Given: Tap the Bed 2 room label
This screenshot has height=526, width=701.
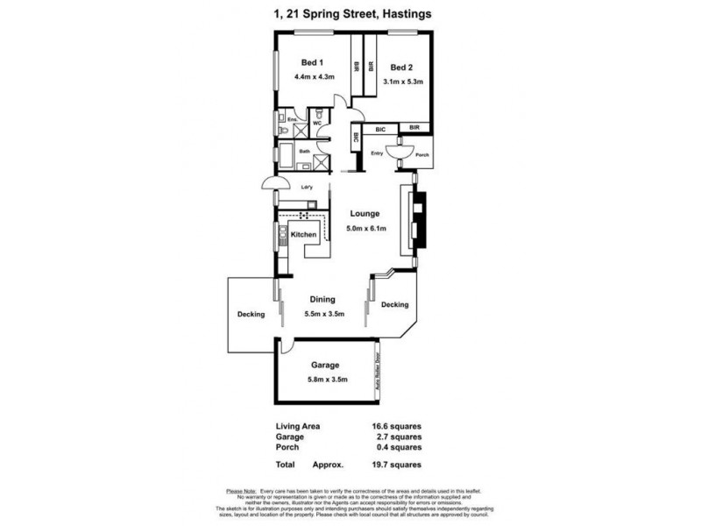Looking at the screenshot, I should point(402,67).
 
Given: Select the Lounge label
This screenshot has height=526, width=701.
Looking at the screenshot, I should point(364,213).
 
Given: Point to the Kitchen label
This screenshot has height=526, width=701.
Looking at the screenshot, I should point(303,235).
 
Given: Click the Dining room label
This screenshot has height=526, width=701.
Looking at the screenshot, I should point(322,299).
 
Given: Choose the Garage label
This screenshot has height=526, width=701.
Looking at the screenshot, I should point(325,365).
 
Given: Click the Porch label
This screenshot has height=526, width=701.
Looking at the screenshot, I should point(421,155).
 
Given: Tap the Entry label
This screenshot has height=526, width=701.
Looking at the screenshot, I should point(378,154).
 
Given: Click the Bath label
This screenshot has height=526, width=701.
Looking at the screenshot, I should point(305,152).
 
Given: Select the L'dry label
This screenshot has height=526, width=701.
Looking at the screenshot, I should point(308,186).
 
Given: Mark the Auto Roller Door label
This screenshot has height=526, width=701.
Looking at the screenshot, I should point(378,372).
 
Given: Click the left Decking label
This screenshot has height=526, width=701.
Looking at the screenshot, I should point(251,316).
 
